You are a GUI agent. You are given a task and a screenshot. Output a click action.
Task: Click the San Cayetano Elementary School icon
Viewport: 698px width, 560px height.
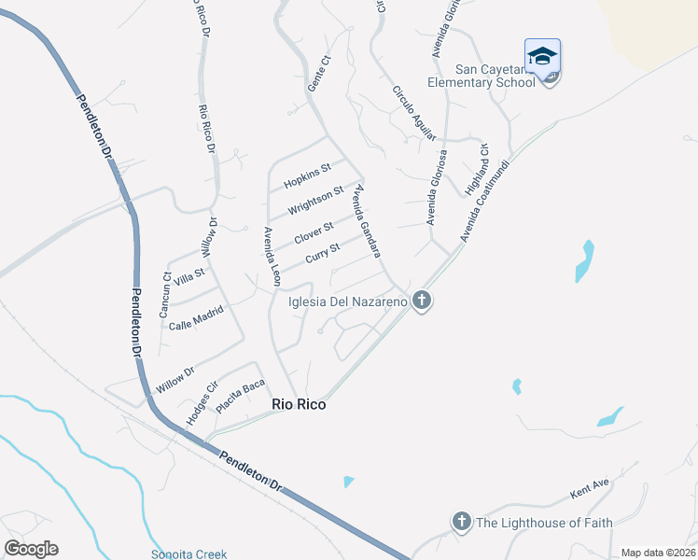click(542, 56)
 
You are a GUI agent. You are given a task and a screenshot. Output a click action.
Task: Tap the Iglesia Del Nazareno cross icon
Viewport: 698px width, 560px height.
click(422, 301)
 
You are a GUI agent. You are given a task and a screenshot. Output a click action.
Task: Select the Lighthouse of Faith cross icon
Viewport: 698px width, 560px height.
click(460, 522)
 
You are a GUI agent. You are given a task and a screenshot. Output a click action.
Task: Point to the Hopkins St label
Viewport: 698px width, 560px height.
click(308, 174)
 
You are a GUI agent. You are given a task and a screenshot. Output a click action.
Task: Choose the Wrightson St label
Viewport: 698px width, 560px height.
click(315, 199)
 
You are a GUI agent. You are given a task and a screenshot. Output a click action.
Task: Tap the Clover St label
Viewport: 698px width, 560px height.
click(314, 231)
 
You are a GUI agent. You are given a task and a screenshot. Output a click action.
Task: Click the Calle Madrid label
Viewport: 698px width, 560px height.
click(196, 318)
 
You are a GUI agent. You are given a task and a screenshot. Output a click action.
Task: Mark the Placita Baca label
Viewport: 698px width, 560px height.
click(241, 396)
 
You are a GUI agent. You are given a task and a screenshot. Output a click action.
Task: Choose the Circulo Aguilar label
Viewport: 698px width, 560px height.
click(414, 113)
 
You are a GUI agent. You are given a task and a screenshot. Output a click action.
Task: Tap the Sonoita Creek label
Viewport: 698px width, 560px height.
click(189, 553)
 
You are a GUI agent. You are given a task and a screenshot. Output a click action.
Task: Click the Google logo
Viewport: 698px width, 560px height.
click(31, 549)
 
